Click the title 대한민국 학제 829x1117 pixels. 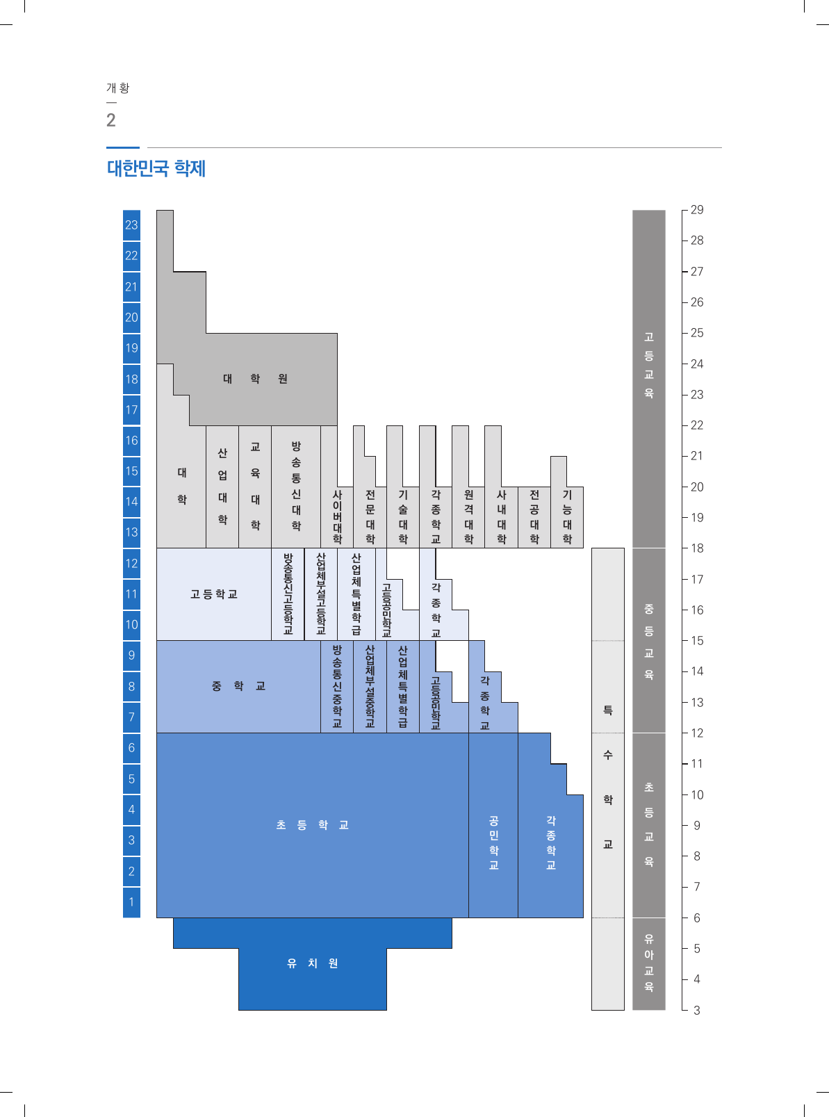[156, 168]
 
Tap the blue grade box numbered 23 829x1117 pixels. [131, 225]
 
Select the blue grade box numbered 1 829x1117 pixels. [131, 902]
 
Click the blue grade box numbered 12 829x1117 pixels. [131, 564]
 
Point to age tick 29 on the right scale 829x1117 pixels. [696, 210]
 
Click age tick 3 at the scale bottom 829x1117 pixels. [696, 1010]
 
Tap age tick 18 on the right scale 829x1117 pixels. [696, 548]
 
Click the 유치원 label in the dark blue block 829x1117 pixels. [313, 963]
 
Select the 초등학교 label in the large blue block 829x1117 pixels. [313, 825]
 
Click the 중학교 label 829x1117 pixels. [238, 686]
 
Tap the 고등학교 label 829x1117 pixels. [214, 594]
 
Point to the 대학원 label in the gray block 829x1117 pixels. [255, 379]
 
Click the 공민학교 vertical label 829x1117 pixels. [493, 842]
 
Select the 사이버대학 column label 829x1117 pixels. [337, 516]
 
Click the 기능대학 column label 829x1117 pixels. [567, 516]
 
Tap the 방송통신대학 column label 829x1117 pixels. [296, 486]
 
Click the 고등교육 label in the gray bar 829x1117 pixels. [649, 365]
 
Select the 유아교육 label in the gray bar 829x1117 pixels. [649, 963]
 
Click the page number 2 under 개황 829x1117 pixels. [111, 120]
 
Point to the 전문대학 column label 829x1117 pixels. [370, 516]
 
